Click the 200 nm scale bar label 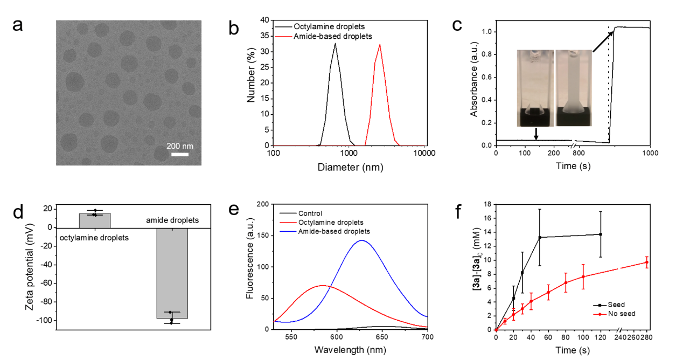(179, 146)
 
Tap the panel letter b (234, 28)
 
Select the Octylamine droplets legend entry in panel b (323, 26)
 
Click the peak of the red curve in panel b (380, 45)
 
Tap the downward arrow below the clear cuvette (535, 133)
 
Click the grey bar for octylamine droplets (95, 220)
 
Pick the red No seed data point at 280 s (646, 262)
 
